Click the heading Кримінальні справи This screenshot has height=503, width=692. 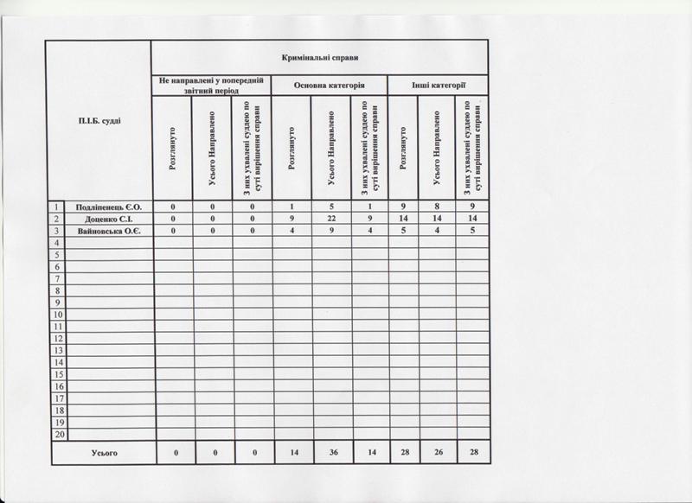pos(320,57)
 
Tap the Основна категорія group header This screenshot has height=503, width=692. pos(329,86)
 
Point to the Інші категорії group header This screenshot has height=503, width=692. pos(439,86)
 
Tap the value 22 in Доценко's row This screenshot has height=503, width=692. pos(329,220)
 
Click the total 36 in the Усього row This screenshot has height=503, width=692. pos(329,453)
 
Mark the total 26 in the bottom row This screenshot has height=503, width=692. pos(436,453)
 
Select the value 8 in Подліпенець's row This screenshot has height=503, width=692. pos(436,207)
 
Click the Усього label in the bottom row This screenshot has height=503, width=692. pos(104,453)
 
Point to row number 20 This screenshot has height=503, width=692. pos(58,434)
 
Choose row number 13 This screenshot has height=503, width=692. pos(58,351)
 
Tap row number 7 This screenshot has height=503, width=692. pos(58,279)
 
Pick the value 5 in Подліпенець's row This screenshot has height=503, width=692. pos(329,207)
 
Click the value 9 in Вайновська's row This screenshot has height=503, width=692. pos(329,232)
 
